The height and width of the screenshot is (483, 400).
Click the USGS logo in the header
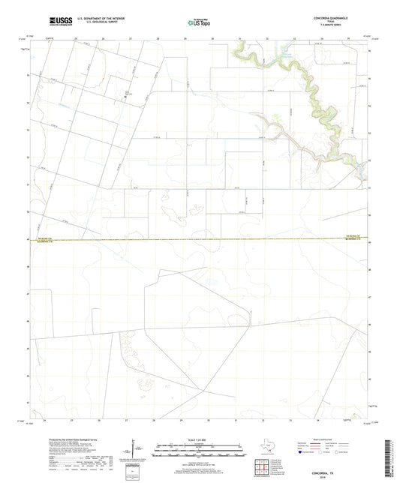[57, 22]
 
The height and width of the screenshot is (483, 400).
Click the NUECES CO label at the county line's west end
[42, 238]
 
